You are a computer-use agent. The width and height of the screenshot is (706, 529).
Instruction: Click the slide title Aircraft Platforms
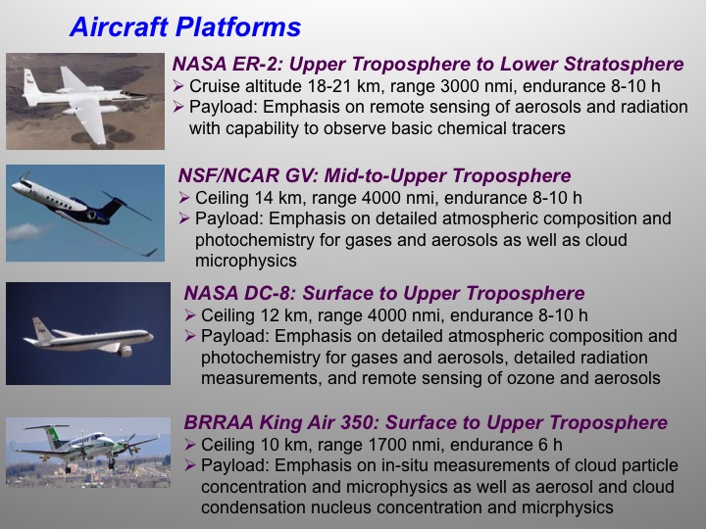tap(184, 27)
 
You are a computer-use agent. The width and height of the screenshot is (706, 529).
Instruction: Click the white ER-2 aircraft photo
tap(84, 101)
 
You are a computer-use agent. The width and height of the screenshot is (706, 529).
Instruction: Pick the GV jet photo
tap(84, 214)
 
